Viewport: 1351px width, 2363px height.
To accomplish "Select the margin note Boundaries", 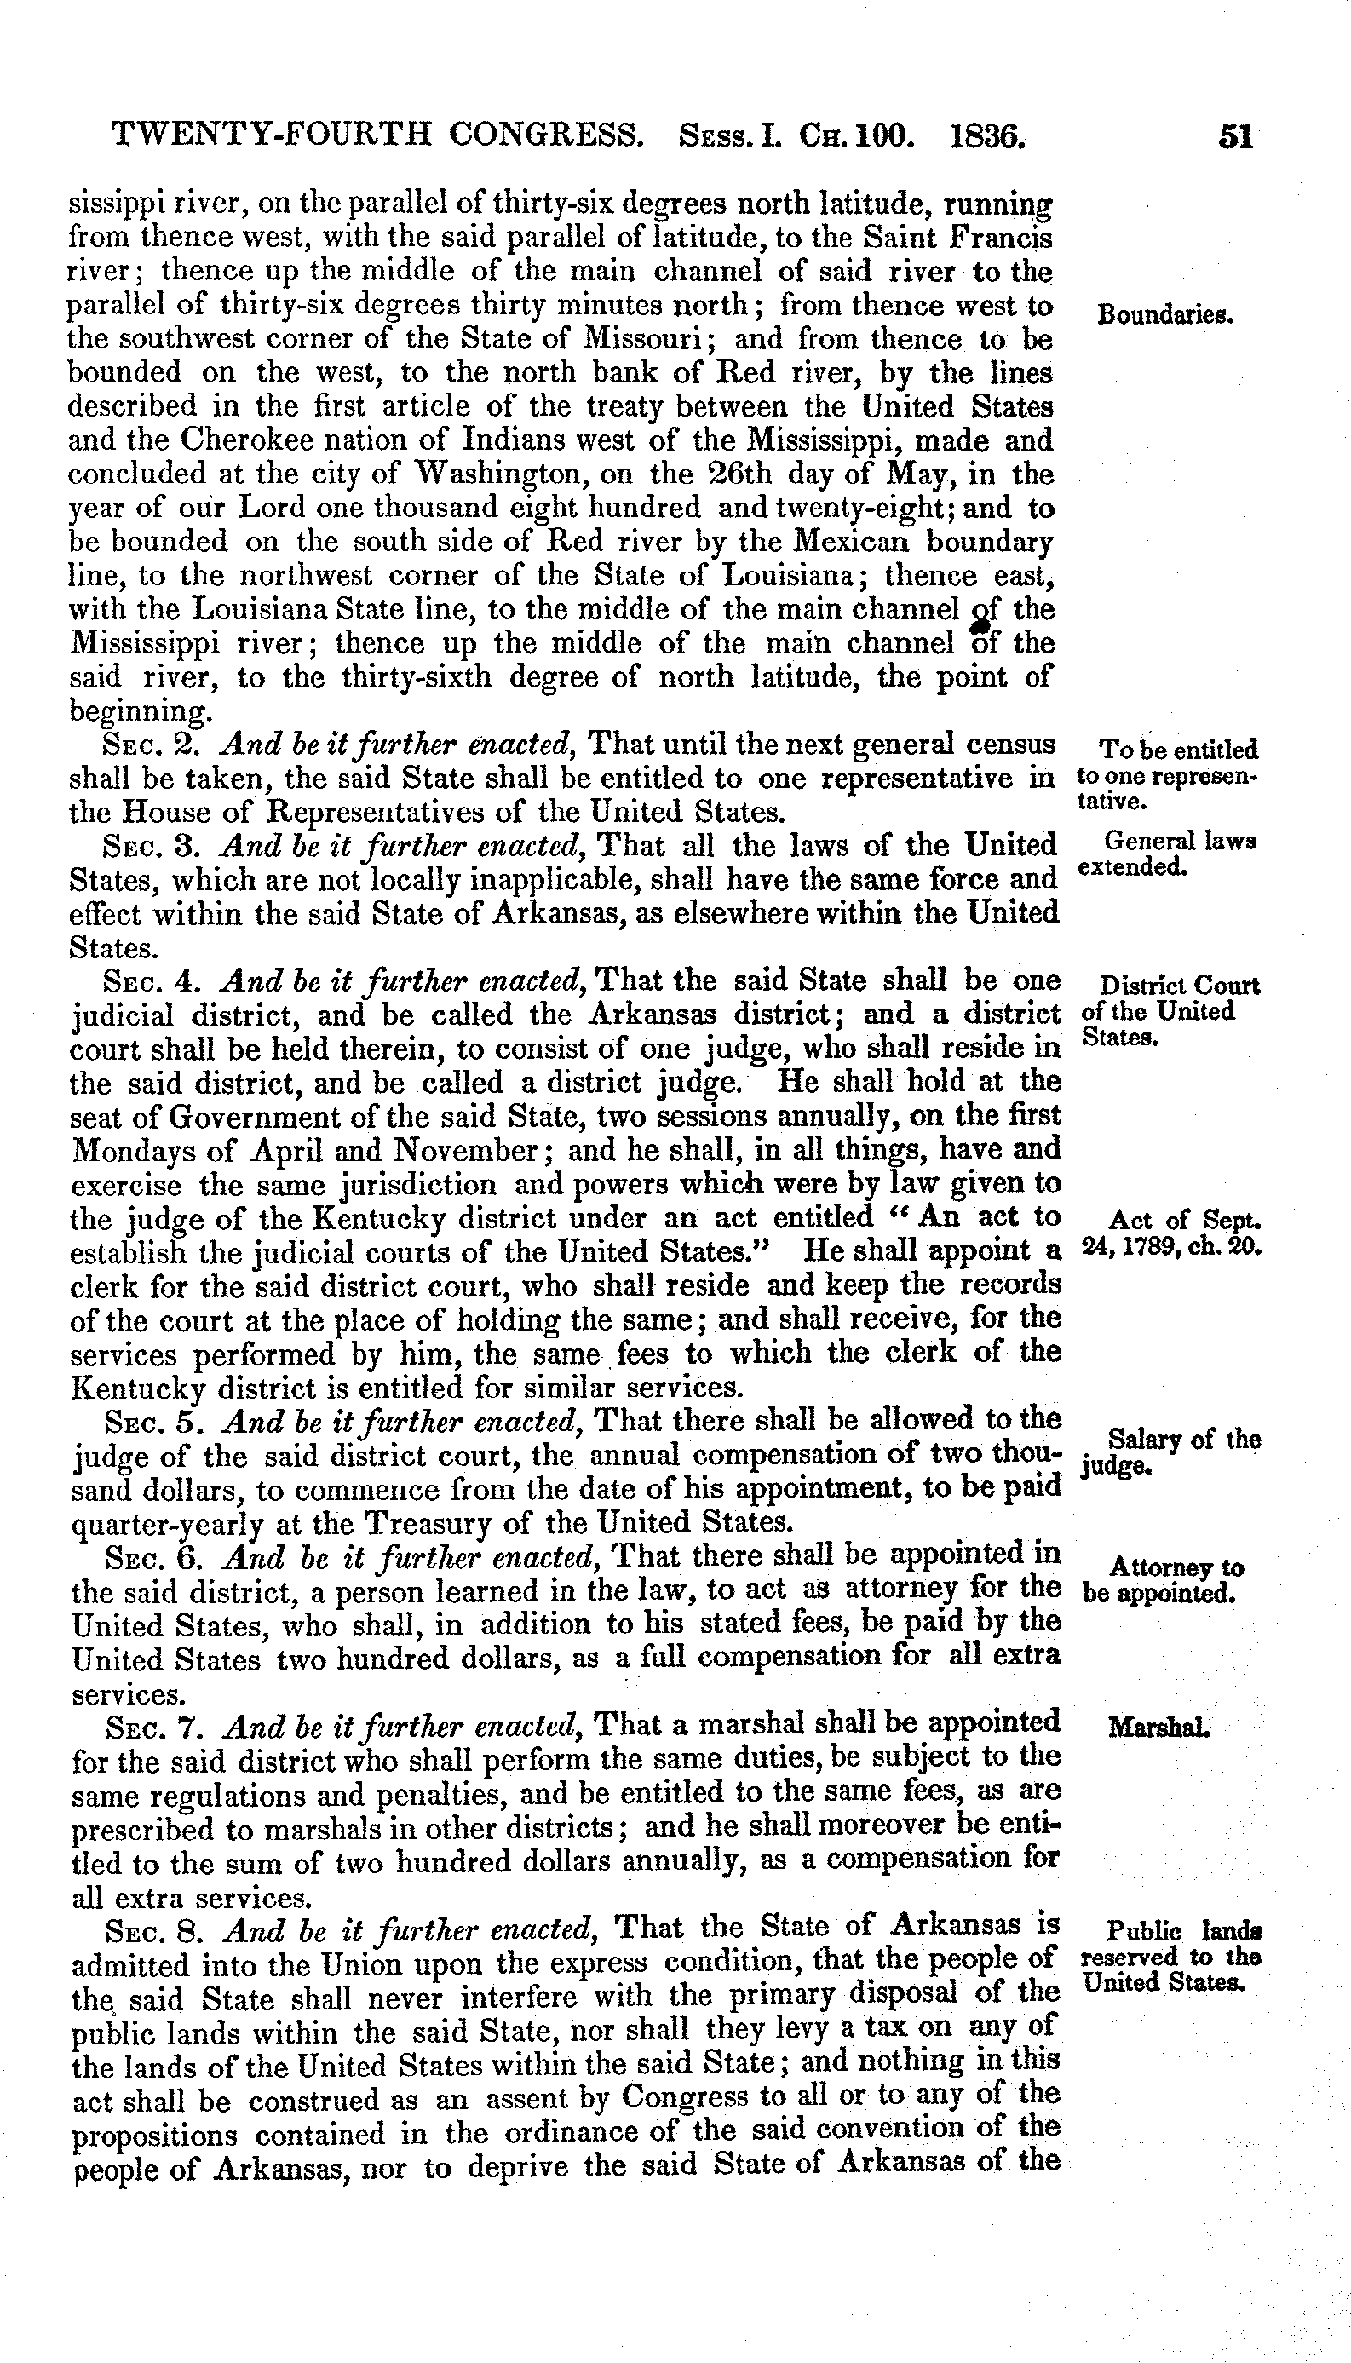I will (x=1164, y=314).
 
